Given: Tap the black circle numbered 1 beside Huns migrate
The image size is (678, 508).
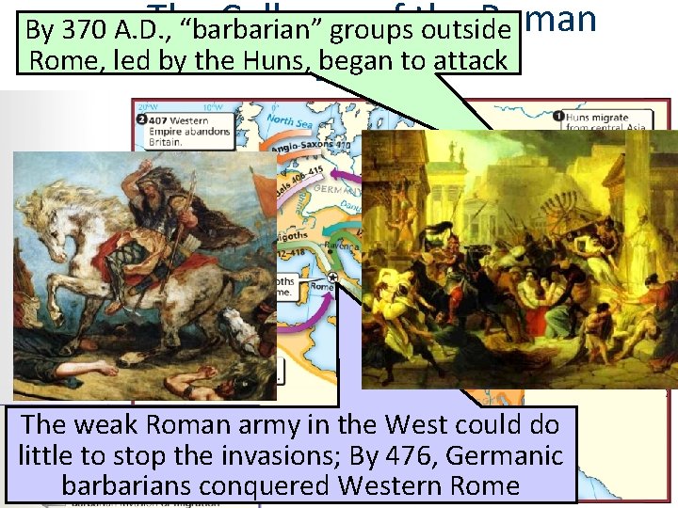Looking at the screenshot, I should tap(556, 119).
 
